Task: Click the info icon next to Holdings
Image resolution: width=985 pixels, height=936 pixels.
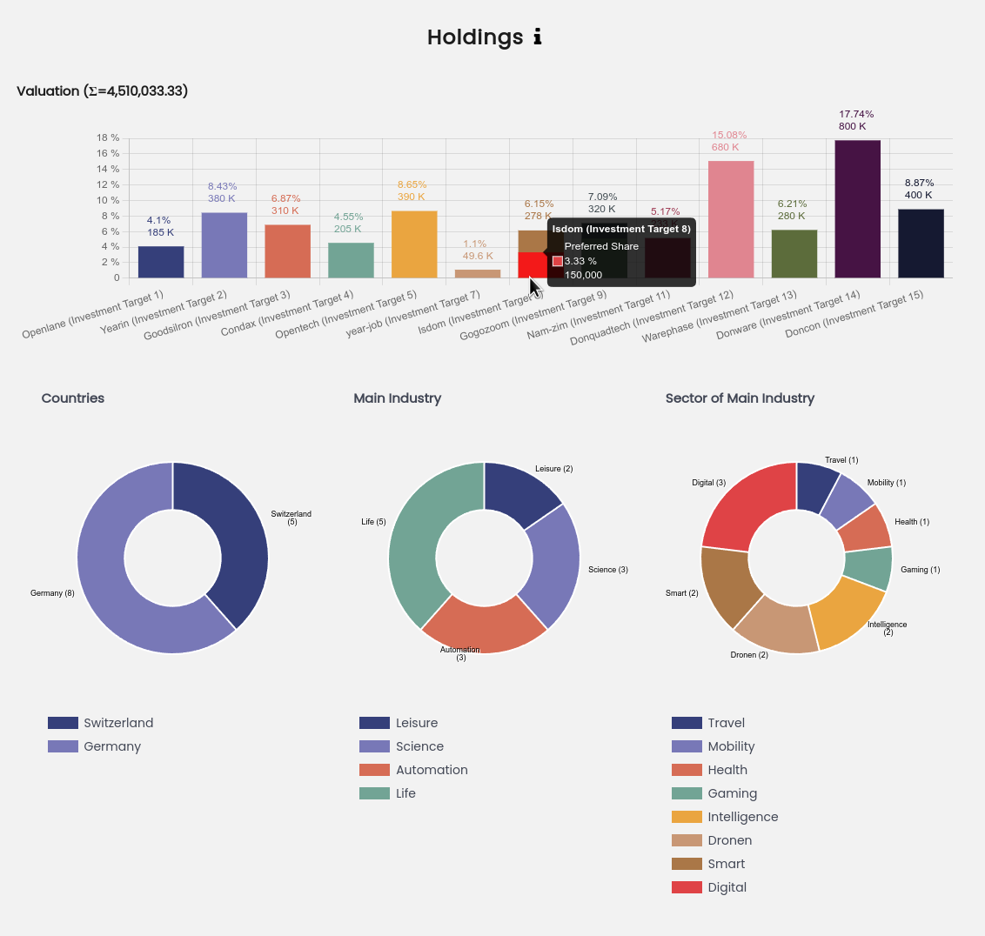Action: point(537,37)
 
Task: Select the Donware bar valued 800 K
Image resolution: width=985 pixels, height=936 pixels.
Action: point(857,209)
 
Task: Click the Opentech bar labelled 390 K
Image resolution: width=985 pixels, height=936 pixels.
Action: point(414,244)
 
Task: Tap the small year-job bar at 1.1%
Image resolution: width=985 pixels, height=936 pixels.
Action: point(478,273)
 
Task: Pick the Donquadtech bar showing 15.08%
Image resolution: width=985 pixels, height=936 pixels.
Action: point(731,219)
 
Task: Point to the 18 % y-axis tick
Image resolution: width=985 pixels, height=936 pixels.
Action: point(108,138)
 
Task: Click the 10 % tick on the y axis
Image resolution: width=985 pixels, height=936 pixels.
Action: point(108,201)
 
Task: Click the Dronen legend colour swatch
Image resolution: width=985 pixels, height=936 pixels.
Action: point(687,840)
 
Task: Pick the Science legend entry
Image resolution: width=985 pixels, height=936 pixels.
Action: point(419,746)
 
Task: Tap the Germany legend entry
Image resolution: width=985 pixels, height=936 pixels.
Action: point(112,746)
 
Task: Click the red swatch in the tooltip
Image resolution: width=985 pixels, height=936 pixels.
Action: point(558,261)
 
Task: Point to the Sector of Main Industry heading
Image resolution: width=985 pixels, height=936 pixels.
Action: point(740,398)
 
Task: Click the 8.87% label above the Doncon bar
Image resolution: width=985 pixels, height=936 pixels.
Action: point(919,183)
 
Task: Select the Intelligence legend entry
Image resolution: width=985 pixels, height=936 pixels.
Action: point(742,817)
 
